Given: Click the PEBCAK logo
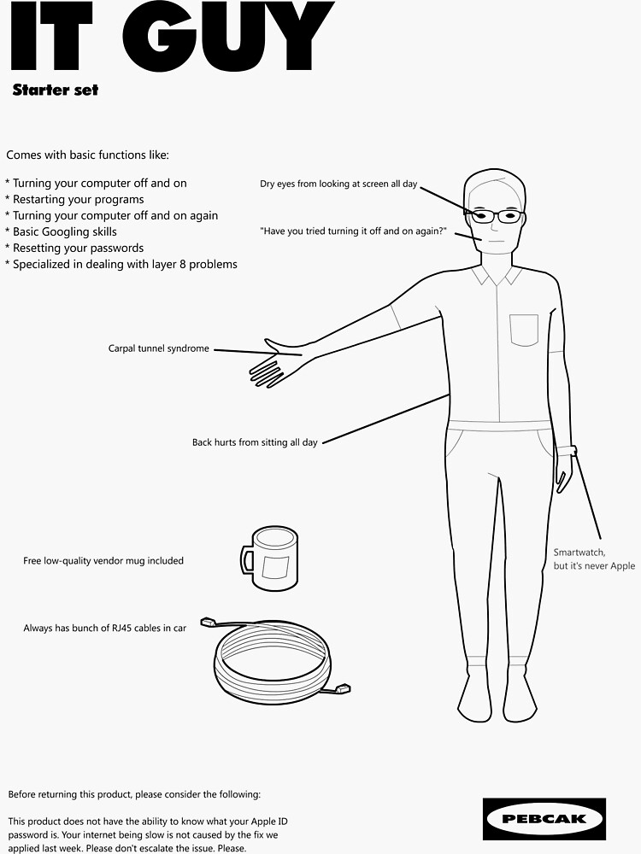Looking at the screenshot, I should coord(544,819).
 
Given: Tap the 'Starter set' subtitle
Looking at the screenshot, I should coord(56,90).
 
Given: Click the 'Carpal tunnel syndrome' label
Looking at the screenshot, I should coord(158,348).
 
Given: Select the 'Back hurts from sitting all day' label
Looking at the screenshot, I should coord(254,442).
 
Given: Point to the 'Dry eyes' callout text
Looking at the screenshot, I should coord(338,184).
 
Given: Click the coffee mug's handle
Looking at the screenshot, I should coord(246,561).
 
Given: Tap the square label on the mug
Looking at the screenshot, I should coord(276,567).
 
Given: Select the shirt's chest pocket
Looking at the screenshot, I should coord(524,330).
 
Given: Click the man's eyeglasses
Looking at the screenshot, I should coord(496,216).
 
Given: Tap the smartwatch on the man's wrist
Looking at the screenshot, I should coord(567,451).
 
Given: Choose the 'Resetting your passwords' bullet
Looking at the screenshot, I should coord(78,248).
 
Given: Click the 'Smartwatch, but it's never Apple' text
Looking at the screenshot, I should coord(593,559).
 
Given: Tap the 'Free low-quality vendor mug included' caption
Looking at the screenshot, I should coord(103,561).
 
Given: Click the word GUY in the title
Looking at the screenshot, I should coord(239,38).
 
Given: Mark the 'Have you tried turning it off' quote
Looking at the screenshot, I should coord(353,231).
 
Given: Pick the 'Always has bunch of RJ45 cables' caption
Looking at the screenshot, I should coord(104,629).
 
